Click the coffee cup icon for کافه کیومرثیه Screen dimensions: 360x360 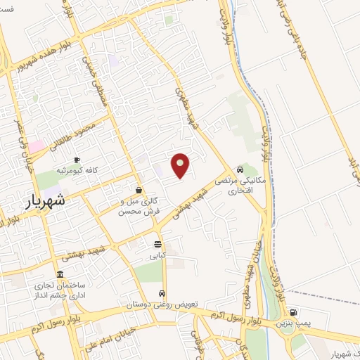[77, 160]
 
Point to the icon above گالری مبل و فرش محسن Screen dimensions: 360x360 [139, 189]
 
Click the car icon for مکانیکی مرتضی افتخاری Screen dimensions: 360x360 [240, 169]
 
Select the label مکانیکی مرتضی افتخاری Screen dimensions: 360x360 [240, 186]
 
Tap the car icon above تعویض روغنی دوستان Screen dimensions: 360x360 [162, 294]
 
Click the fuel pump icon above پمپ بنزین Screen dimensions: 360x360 [292, 312]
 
